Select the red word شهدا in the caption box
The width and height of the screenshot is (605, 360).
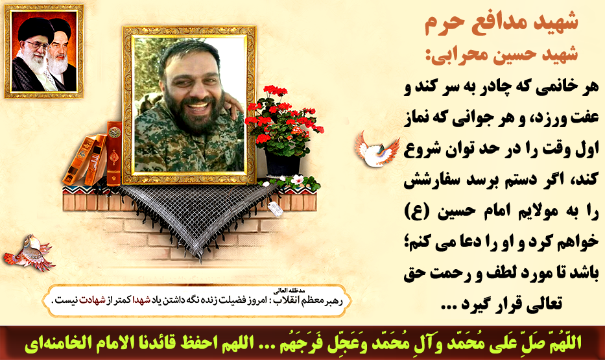[x=141, y=300]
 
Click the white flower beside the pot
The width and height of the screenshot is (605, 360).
[x=297, y=180]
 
